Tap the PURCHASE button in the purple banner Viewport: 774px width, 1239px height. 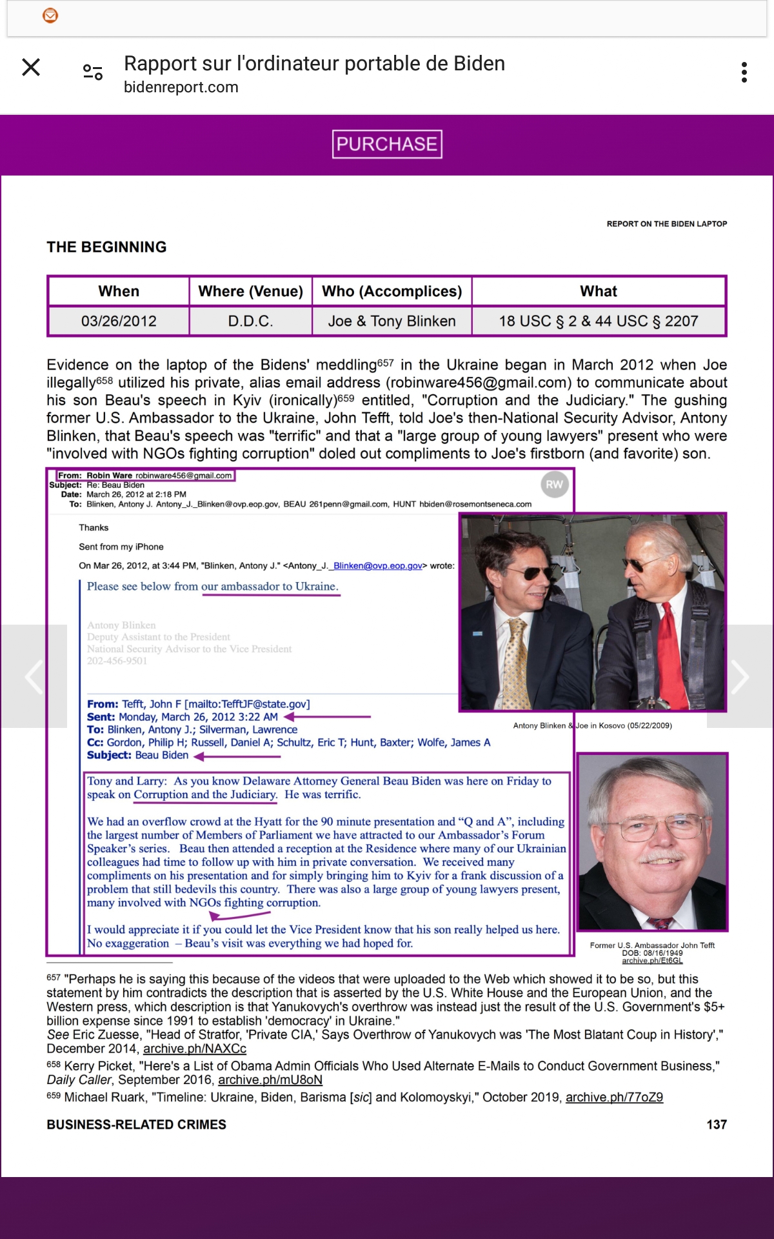[x=387, y=144]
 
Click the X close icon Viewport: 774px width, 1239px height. [x=31, y=67]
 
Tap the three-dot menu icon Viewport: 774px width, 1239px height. [x=744, y=72]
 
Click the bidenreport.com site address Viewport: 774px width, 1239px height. [x=181, y=87]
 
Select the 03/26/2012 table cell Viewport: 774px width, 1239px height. [x=119, y=321]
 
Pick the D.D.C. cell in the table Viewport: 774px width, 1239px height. [x=250, y=321]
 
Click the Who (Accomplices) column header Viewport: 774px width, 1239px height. [x=392, y=292]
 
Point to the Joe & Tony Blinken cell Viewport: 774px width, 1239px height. [x=392, y=321]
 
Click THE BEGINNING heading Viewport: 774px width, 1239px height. [x=106, y=247]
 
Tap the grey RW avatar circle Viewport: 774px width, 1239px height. [x=554, y=485]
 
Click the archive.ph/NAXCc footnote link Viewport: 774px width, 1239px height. [x=195, y=1049]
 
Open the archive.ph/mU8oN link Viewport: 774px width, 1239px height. [x=270, y=1080]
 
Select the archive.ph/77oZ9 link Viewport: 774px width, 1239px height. [x=614, y=1097]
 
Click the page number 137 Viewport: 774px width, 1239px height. [x=717, y=1125]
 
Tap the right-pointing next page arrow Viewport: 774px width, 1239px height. [x=740, y=676]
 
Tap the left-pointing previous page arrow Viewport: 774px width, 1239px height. [x=34, y=676]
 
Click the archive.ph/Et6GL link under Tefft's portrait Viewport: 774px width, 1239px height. [x=652, y=961]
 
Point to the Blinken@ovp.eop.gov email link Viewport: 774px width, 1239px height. [x=377, y=566]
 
